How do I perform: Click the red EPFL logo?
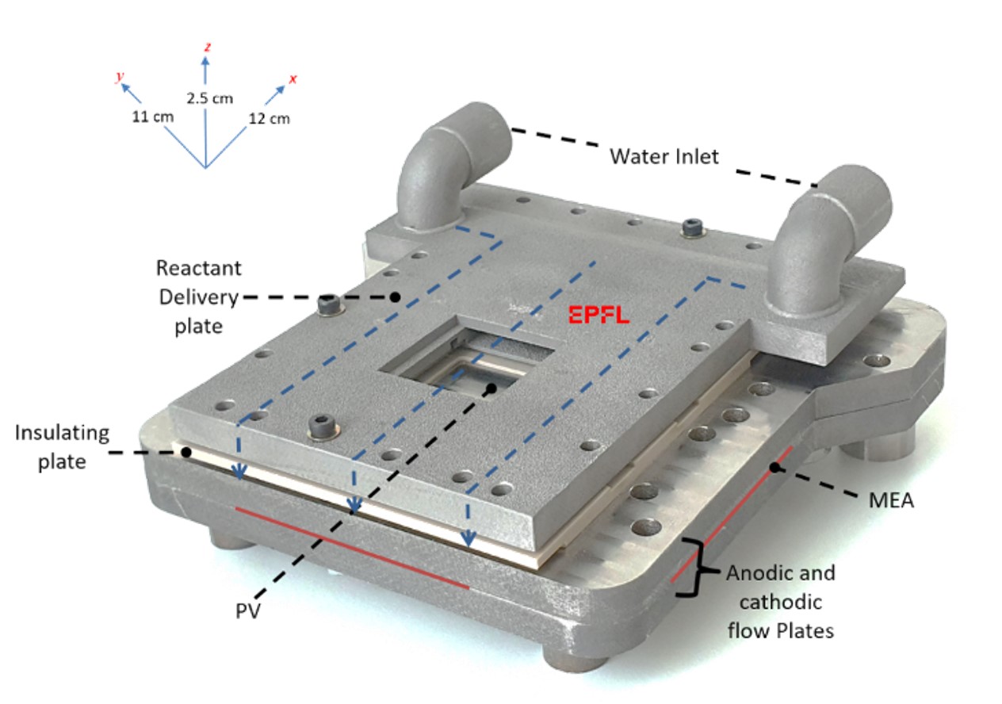[x=599, y=315]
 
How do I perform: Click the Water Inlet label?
[x=664, y=155]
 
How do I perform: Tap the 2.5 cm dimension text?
[x=209, y=99]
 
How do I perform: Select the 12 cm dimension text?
[x=270, y=119]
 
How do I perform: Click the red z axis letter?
[x=207, y=48]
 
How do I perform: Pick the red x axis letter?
[x=293, y=79]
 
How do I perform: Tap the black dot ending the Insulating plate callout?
[x=185, y=452]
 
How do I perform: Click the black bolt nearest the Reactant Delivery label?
[x=327, y=304]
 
